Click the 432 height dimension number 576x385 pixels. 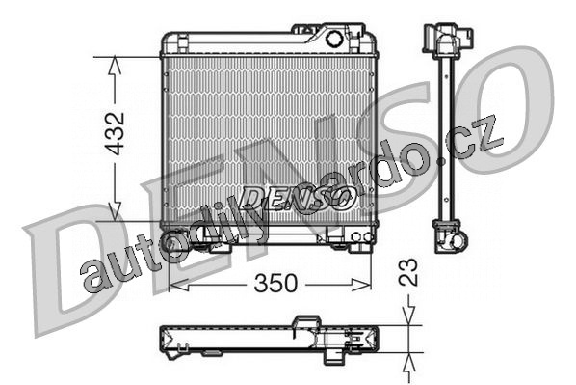(x=115, y=133)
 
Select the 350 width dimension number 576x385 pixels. (x=275, y=284)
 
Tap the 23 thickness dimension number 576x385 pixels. (x=408, y=272)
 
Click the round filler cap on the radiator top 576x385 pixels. (x=334, y=39)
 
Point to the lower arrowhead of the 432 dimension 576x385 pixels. (x=115, y=212)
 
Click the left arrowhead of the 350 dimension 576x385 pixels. (x=178, y=285)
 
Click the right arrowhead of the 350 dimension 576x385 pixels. (x=361, y=285)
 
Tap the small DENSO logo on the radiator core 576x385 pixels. (x=297, y=198)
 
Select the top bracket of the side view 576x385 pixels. (x=447, y=40)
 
